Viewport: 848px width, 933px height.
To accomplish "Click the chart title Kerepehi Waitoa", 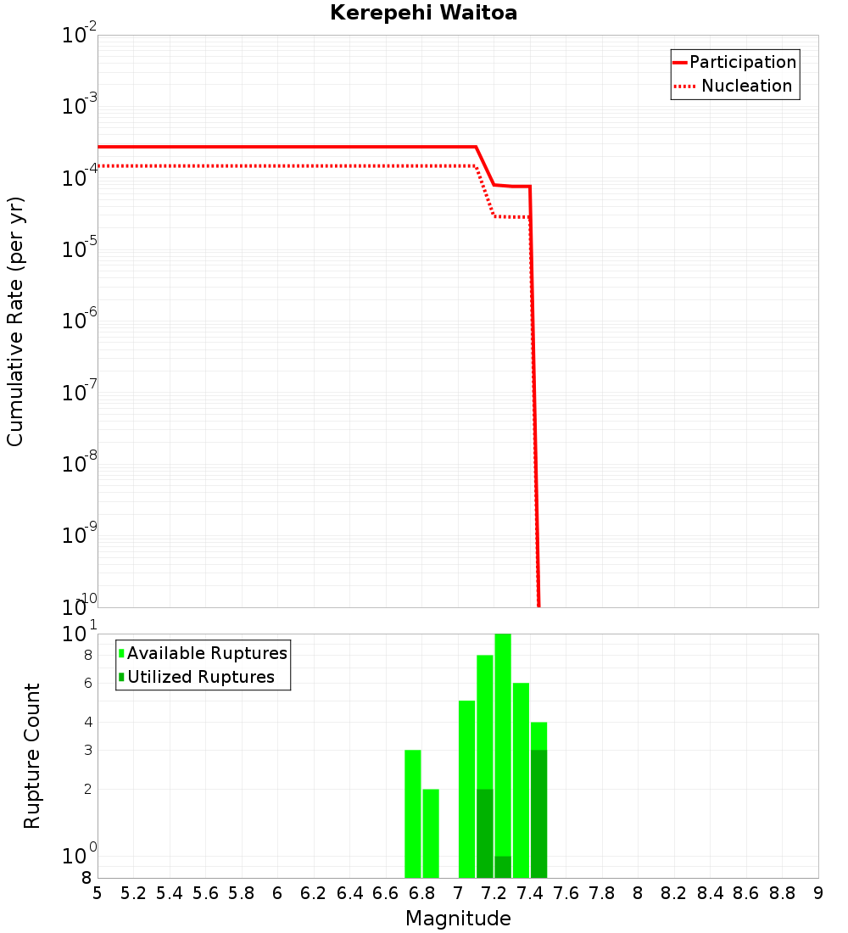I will click(423, 13).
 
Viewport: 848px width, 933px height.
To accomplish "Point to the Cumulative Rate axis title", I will click(15, 321).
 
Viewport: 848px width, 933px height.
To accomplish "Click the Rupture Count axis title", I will click(32, 756).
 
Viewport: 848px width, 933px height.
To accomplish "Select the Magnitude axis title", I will click(458, 919).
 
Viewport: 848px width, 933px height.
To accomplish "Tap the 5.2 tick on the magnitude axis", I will click(134, 893).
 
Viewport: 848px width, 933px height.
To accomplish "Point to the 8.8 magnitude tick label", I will click(782, 893).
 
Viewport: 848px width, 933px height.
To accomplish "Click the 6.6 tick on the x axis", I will click(386, 893).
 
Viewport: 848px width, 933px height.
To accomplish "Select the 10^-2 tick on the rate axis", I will click(80, 36).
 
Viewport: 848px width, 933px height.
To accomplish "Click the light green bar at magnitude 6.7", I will click(413, 814).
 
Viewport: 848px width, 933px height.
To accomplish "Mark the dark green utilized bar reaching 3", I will click(538, 814).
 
